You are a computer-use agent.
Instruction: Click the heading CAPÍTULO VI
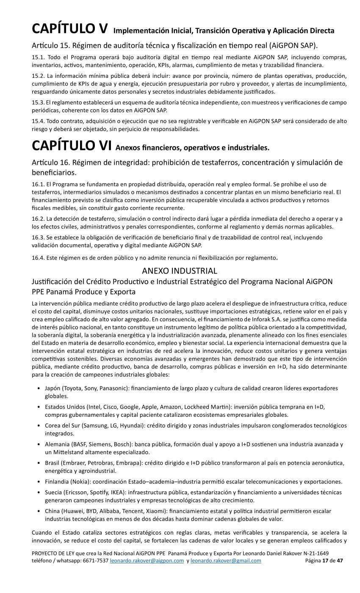point(72,145)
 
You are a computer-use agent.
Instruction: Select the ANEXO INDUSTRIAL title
point(180,271)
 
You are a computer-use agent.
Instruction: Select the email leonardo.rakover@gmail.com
point(226,561)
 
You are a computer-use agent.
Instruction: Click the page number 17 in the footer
point(325,561)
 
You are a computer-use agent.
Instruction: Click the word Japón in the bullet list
point(53,388)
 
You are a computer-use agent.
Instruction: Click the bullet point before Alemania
point(39,444)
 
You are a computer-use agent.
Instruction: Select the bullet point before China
point(39,511)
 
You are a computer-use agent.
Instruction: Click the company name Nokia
point(79,482)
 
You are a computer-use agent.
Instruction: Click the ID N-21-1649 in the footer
point(313,553)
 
